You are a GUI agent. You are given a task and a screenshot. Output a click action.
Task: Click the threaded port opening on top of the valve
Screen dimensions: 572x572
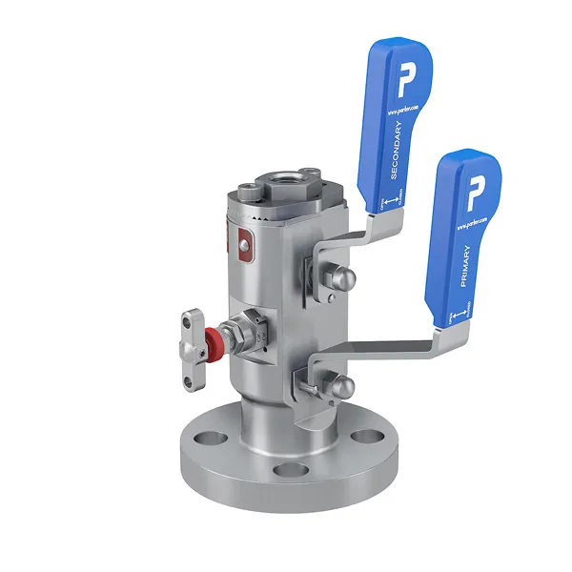pyautogui.click(x=286, y=177)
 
